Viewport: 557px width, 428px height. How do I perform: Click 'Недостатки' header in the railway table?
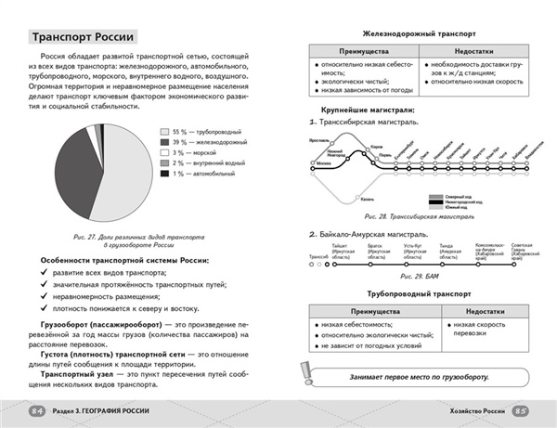(473, 52)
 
